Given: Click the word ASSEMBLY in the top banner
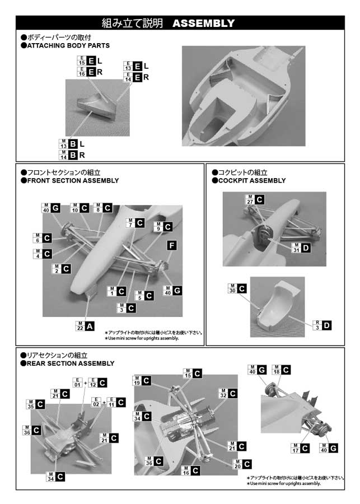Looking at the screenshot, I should (x=203, y=23).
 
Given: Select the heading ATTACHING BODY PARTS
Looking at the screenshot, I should (x=69, y=45).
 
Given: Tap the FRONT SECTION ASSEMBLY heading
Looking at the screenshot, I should (x=73, y=181).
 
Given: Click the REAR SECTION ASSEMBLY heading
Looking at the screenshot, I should (x=71, y=363).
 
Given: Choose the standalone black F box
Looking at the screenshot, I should (x=172, y=245).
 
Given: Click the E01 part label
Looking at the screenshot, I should (x=77, y=384).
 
